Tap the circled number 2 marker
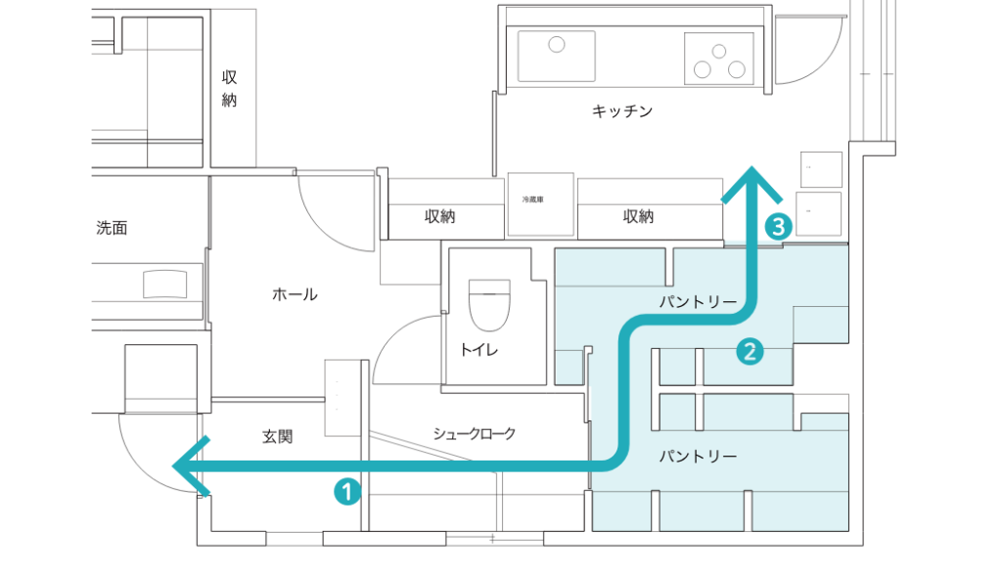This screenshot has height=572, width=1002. click(x=778, y=228)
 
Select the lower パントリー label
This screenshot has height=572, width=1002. click(x=698, y=457)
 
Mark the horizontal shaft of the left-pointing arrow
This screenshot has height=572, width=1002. click(x=391, y=466)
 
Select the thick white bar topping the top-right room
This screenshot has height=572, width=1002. click(x=632, y=17)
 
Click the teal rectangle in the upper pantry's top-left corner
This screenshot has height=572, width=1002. click(x=610, y=267)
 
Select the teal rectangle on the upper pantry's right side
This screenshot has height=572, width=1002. click(x=820, y=324)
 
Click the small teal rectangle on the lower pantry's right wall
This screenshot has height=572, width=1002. click(x=824, y=421)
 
